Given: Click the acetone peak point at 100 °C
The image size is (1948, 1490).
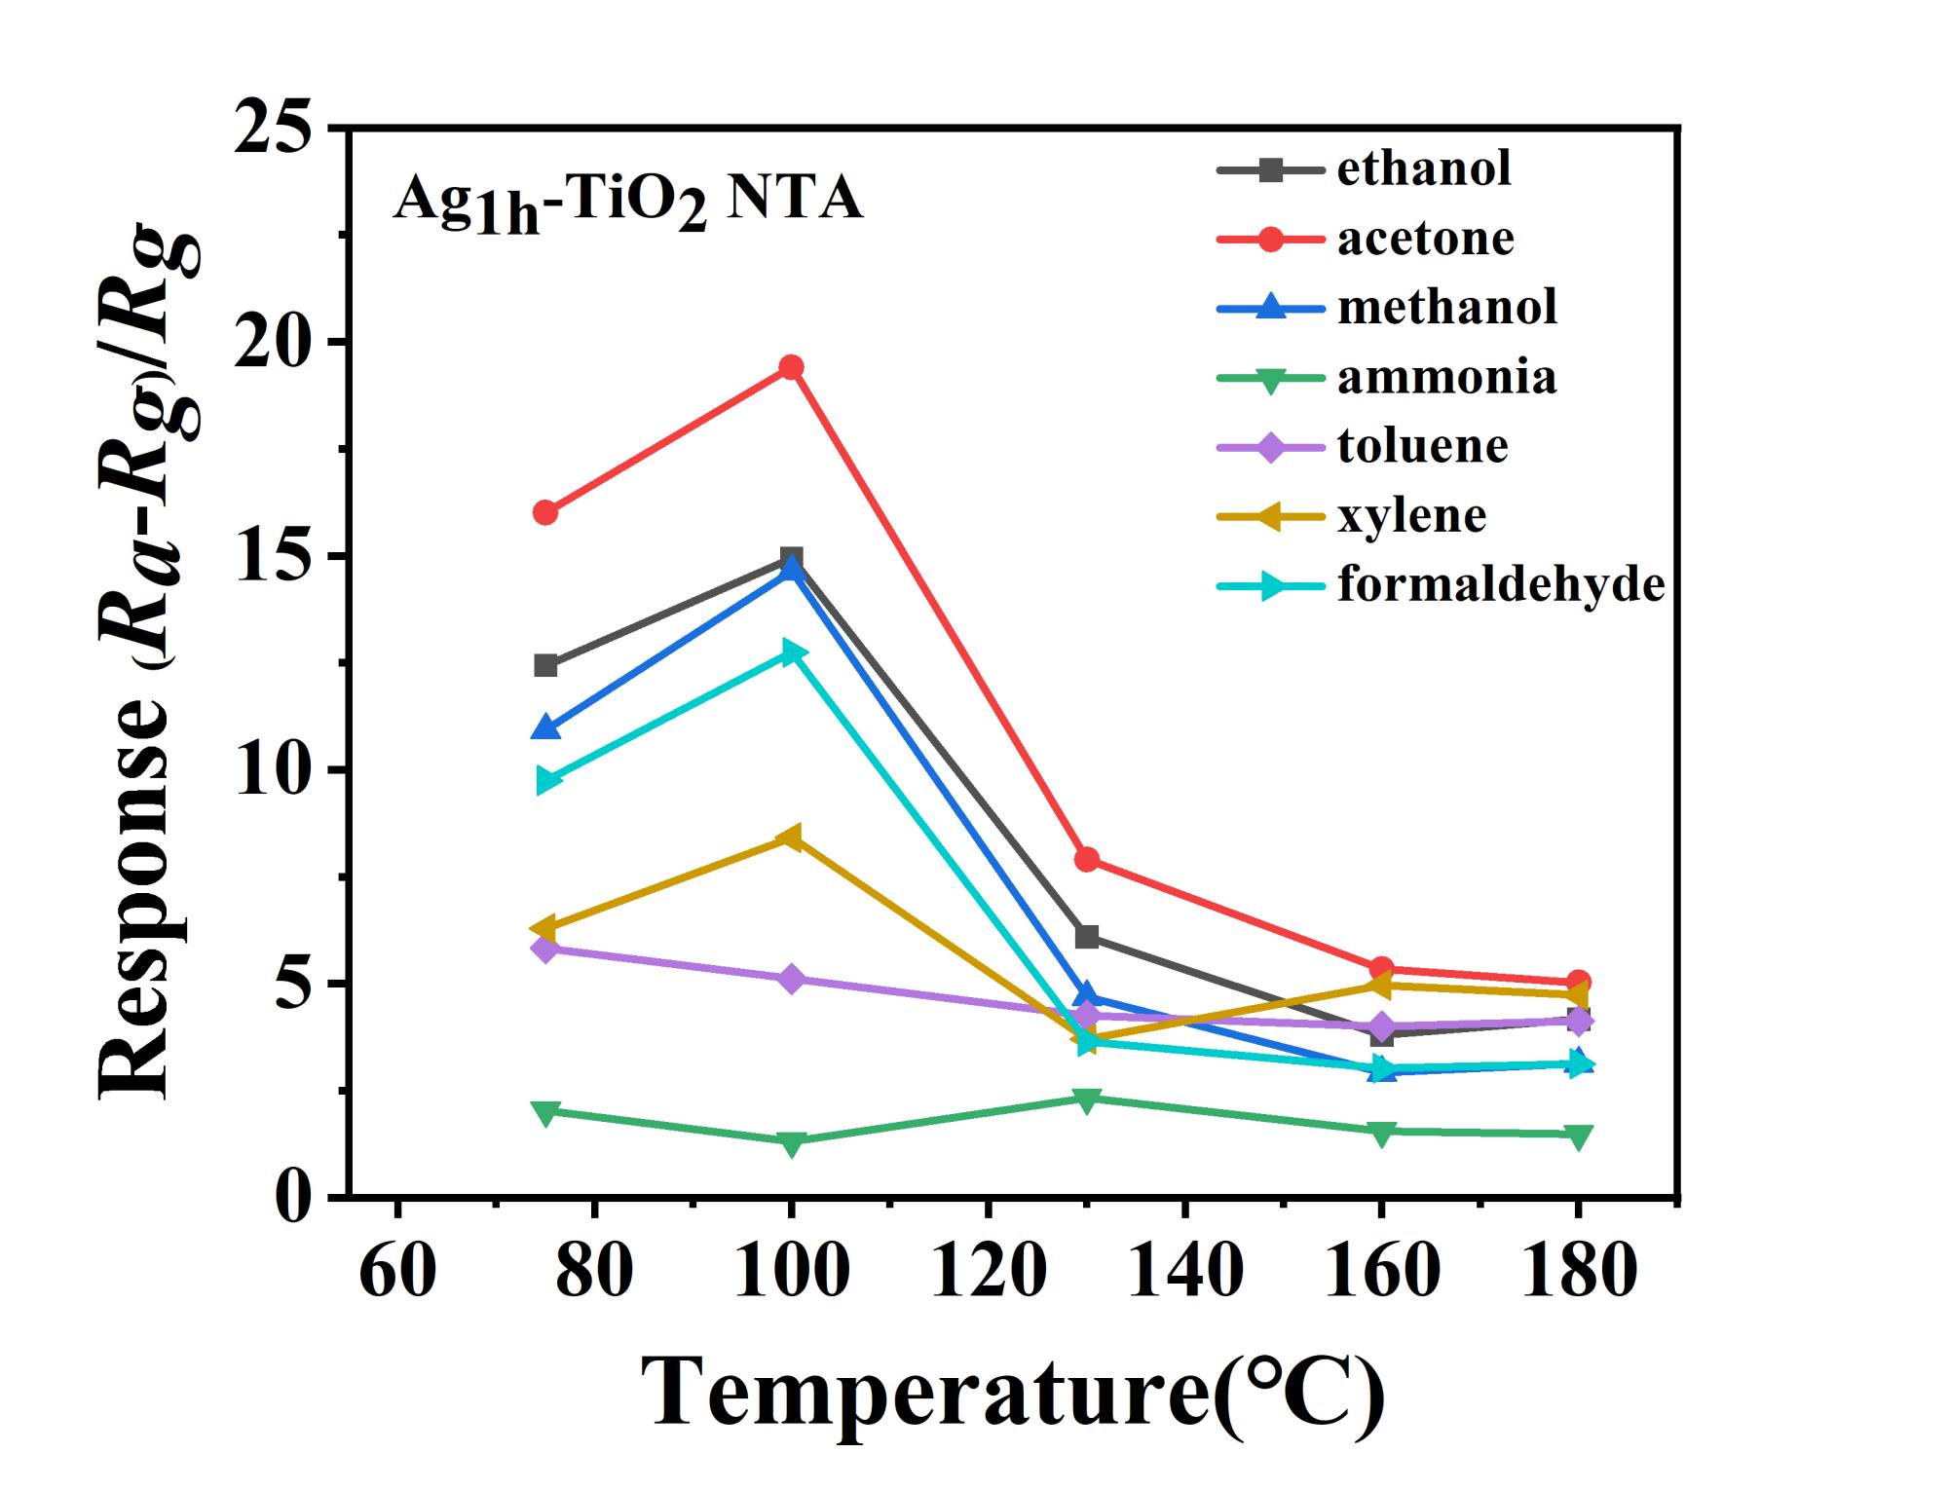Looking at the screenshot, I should pyautogui.click(x=791, y=367).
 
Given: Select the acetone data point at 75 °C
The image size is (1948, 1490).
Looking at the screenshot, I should pyautogui.click(x=545, y=512).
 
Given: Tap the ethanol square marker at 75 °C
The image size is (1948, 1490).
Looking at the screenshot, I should pyautogui.click(x=545, y=666).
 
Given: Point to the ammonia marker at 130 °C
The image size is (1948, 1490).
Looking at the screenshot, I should pyautogui.click(x=1086, y=1099).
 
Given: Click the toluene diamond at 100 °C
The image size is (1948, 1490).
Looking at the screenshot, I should pyautogui.click(x=791, y=979).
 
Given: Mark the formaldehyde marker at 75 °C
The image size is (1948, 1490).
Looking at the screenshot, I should pyautogui.click(x=548, y=780).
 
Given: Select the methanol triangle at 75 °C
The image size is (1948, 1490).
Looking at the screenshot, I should pyautogui.click(x=545, y=727).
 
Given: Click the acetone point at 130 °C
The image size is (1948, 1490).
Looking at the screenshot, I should pyautogui.click(x=1086, y=859).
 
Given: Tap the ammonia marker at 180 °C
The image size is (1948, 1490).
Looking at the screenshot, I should pyautogui.click(x=1578, y=1136).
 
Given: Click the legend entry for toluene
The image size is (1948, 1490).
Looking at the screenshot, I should pyautogui.click(x=1422, y=446).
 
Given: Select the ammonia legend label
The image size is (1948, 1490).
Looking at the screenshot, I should pyautogui.click(x=1446, y=377).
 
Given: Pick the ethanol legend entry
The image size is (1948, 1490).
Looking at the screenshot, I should pyautogui.click(x=1423, y=168).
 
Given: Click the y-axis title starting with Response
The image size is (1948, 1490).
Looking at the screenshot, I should pyautogui.click(x=146, y=662).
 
